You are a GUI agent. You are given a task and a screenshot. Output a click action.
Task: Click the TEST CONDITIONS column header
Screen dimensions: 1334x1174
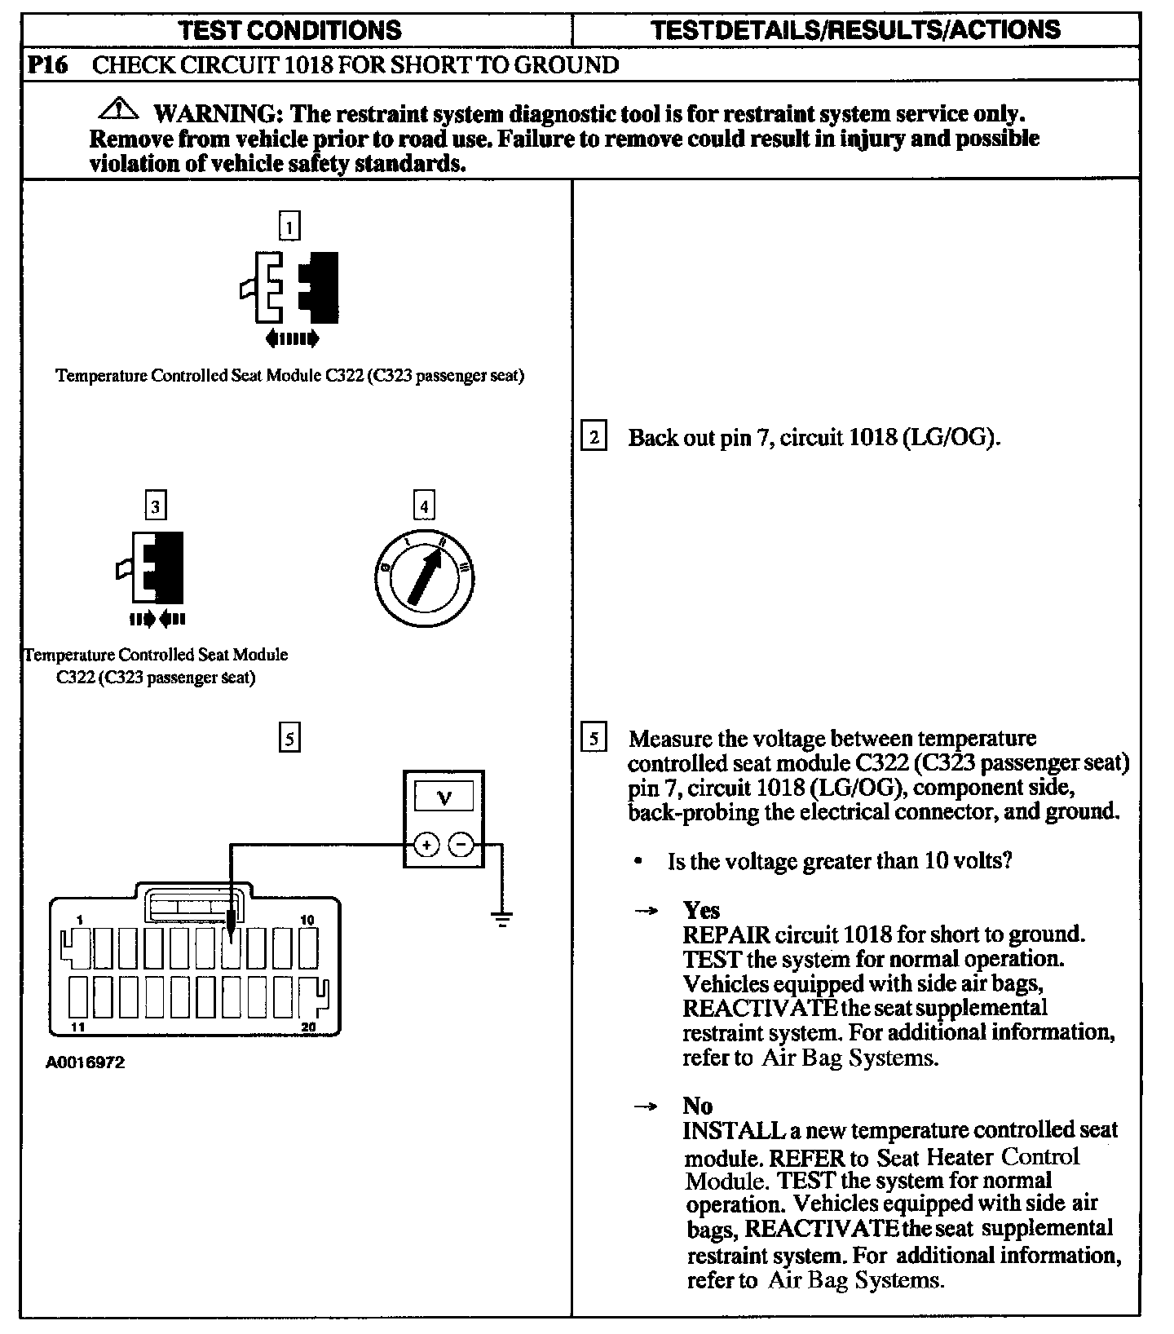click(289, 31)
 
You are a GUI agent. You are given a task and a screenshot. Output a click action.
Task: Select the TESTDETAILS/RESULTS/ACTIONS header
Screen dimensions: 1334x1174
click(856, 30)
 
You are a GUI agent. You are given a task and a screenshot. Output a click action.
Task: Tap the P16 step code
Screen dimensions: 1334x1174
click(48, 65)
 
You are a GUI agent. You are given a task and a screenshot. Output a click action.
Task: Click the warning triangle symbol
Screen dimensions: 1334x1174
click(119, 108)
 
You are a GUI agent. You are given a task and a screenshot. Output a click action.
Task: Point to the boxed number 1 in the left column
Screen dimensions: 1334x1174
click(289, 226)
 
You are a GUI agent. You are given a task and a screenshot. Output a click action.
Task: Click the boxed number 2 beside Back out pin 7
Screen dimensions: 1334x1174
click(594, 437)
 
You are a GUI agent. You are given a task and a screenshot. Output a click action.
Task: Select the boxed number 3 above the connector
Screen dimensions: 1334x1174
click(155, 506)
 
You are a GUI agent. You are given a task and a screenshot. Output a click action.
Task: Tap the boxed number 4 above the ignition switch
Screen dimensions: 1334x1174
click(423, 506)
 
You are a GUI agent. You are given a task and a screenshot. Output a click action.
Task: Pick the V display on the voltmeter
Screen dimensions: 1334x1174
click(444, 797)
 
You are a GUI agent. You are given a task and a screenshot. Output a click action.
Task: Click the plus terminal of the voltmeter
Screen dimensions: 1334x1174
click(426, 846)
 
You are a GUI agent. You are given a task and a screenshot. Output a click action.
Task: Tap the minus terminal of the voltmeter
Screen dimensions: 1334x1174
click(461, 846)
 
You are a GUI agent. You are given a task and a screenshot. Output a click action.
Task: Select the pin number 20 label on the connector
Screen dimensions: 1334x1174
click(308, 1027)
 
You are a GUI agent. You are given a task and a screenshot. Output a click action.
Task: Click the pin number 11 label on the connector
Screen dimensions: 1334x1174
click(78, 1027)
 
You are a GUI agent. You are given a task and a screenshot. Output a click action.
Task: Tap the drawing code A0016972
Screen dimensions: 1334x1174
click(86, 1063)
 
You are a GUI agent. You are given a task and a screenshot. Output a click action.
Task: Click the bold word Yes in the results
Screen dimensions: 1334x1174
click(701, 910)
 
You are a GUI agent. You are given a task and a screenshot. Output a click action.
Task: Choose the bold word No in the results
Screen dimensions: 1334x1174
click(697, 1106)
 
